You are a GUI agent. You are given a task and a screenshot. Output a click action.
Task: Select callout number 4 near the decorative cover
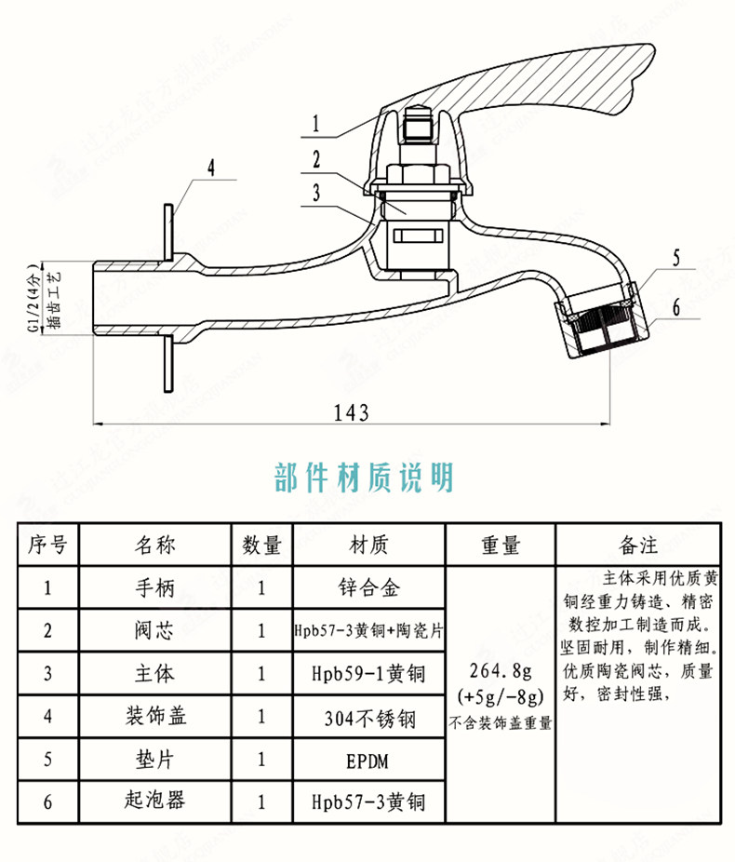click(211, 168)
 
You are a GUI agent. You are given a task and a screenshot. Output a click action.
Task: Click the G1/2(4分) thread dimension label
click(34, 298)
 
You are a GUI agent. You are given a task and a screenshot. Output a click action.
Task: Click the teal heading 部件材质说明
click(365, 478)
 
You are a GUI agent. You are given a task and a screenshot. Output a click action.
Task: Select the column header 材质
click(369, 545)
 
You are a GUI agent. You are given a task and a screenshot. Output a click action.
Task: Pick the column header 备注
click(639, 545)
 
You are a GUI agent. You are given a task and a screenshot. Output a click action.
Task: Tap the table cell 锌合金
click(369, 587)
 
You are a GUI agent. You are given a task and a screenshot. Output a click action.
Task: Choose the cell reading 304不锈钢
click(369, 719)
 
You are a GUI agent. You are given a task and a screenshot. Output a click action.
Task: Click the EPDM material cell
click(369, 761)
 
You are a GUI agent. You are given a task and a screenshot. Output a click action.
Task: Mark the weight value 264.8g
click(501, 672)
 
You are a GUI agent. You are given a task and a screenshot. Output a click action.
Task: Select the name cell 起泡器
click(155, 801)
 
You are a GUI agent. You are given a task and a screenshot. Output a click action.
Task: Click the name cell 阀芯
click(155, 630)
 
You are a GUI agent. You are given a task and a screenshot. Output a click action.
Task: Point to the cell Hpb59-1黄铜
click(369, 673)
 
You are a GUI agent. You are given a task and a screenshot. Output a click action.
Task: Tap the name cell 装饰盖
click(155, 717)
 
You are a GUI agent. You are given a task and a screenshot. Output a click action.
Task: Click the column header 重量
click(501, 545)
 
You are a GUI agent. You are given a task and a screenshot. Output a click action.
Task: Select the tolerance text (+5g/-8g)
click(501, 696)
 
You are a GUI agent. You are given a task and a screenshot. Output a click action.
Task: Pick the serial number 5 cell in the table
click(47, 760)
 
